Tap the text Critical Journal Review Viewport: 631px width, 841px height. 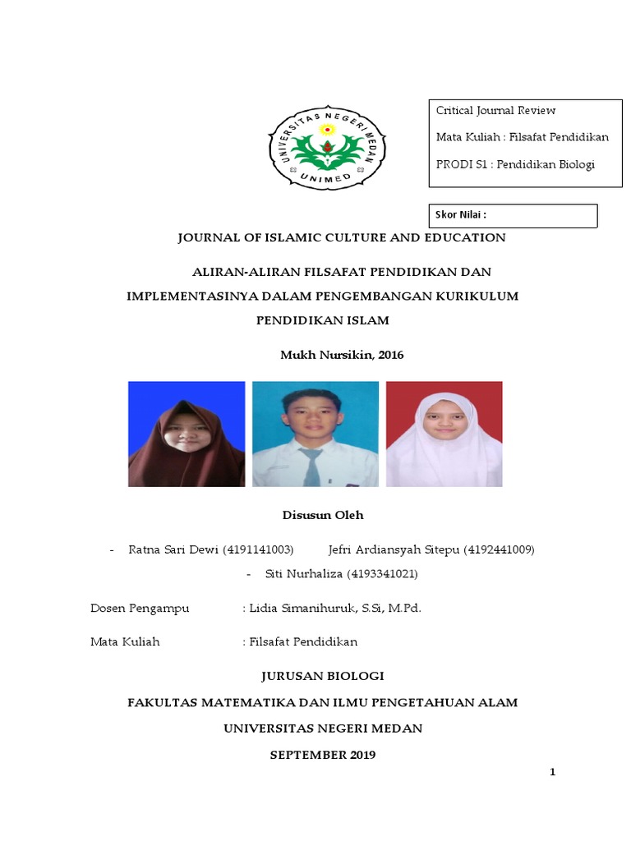(495, 110)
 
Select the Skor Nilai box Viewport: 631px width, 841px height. (514, 215)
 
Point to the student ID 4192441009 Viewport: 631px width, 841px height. (499, 549)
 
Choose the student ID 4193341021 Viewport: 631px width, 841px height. (382, 573)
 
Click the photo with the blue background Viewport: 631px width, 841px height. (187, 434)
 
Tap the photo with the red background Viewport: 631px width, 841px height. (444, 434)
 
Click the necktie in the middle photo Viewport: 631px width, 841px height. (311, 467)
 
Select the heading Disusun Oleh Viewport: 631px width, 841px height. (322, 515)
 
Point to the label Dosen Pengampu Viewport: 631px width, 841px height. (140, 608)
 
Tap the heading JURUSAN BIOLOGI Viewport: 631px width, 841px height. (322, 676)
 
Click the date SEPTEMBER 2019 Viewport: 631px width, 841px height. (322, 754)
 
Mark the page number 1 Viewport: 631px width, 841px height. (553, 772)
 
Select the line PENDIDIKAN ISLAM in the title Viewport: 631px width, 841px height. (322, 319)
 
